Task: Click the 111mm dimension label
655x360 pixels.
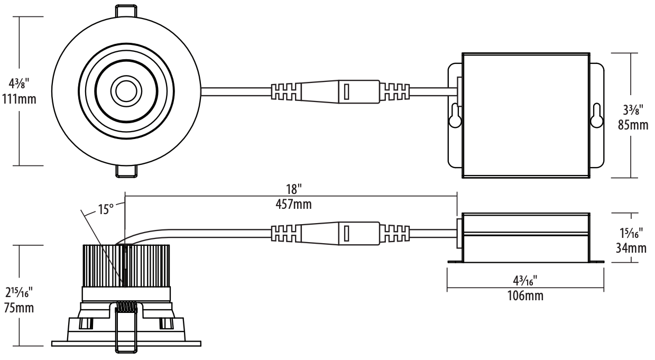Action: click(x=19, y=99)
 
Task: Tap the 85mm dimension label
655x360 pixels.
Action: click(x=633, y=125)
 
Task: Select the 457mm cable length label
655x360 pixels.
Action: click(x=293, y=204)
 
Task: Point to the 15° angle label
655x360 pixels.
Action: click(x=106, y=209)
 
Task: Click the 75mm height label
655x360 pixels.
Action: click(x=19, y=308)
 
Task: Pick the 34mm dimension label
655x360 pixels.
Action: click(x=631, y=248)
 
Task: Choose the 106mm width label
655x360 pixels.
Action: click(x=525, y=296)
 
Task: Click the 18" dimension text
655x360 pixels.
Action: click(x=293, y=189)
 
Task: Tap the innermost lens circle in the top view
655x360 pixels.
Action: click(x=126, y=91)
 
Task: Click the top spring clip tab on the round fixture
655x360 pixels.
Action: click(x=126, y=11)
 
